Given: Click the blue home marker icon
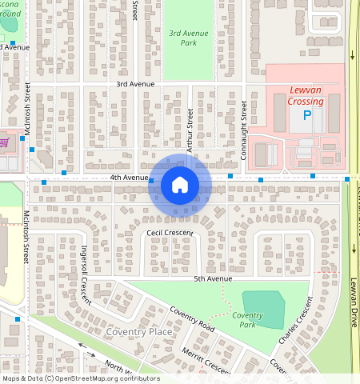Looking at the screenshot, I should [180, 186].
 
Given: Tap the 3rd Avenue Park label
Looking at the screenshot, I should [189, 38].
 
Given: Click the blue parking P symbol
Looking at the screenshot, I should [307, 117].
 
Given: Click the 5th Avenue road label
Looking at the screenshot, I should [213, 278].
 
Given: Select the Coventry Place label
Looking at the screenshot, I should [139, 331].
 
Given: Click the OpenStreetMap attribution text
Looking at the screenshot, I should [80, 378].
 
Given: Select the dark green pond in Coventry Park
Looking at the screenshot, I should [263, 309].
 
